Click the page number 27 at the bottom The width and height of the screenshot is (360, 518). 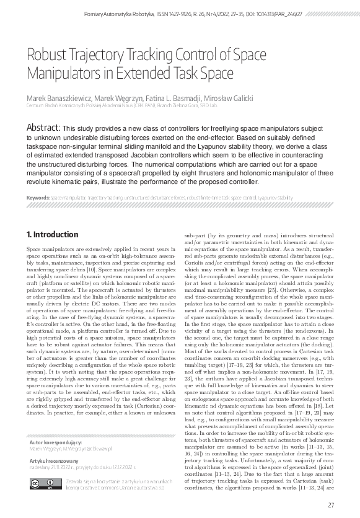(331, 505)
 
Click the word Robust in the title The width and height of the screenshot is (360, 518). (46, 55)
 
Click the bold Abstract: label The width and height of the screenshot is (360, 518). (42, 127)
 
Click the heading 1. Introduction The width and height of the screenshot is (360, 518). (53, 235)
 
